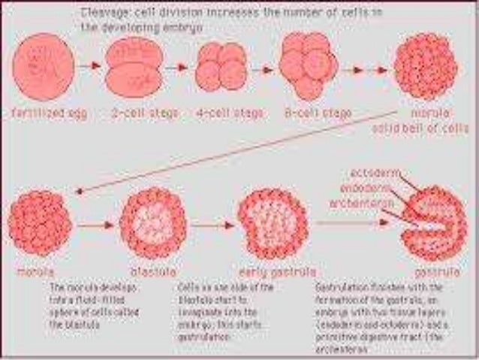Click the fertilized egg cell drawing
pyautogui.click(x=44, y=66)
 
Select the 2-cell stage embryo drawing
pyautogui.click(x=134, y=68)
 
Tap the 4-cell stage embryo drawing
pyautogui.click(x=220, y=67)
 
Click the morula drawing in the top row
pyautogui.click(x=425, y=67)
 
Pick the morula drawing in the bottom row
pyautogui.click(x=41, y=223)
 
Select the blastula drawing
pyautogui.click(x=152, y=222)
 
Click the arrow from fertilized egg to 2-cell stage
pyautogui.click(x=90, y=66)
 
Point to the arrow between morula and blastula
pyautogui.click(x=94, y=223)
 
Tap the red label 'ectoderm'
pyautogui.click(x=372, y=174)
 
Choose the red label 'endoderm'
pyautogui.click(x=365, y=188)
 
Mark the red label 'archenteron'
pyautogui.click(x=357, y=202)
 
